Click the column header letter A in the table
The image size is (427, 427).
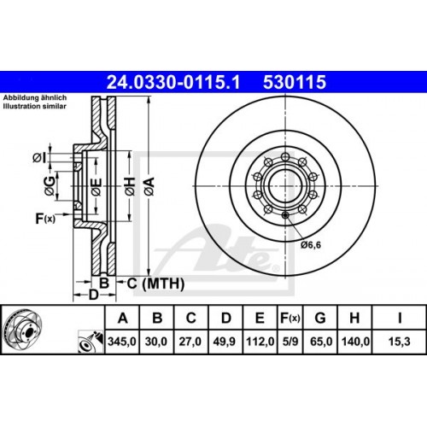pyautogui.click(x=123, y=319)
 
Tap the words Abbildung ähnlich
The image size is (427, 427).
pyautogui.click(x=32, y=97)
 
